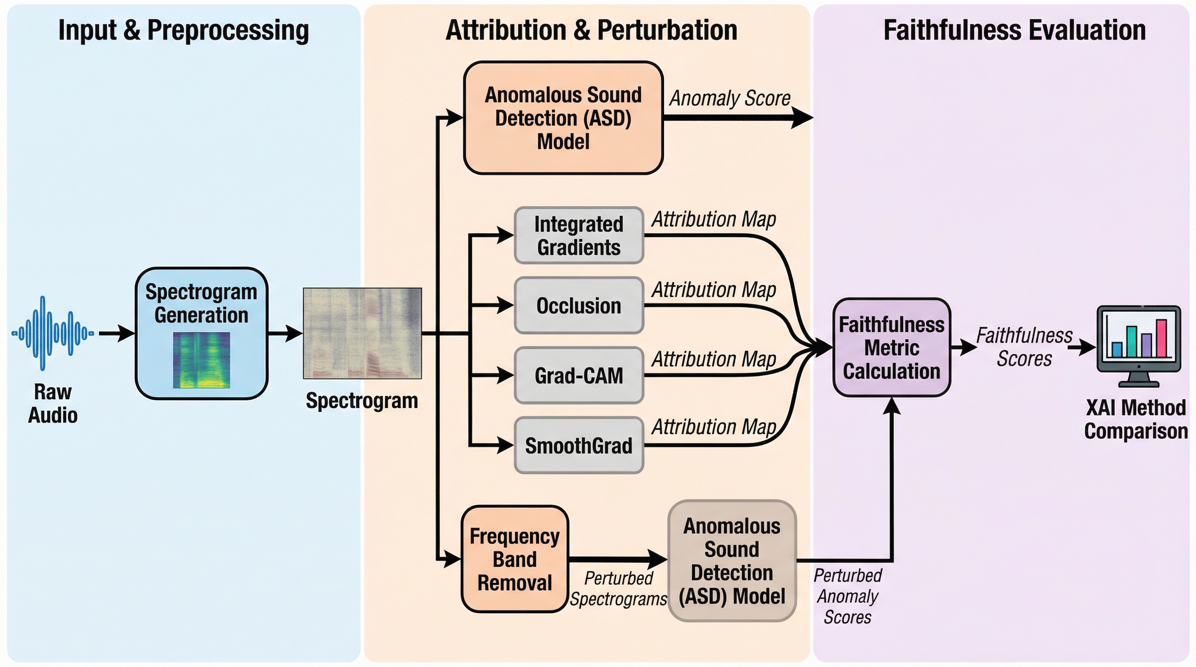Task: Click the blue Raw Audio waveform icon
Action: [x=53, y=333]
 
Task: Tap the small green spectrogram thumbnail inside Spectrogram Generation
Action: [x=202, y=360]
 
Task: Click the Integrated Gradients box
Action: [x=578, y=236]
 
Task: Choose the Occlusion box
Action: [x=578, y=306]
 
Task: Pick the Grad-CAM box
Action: [x=578, y=375]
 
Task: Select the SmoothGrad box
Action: [x=578, y=445]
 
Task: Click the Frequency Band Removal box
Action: [x=515, y=559]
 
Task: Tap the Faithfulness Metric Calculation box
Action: [x=891, y=348]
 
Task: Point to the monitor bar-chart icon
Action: [x=1139, y=346]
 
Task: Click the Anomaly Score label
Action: [x=729, y=98]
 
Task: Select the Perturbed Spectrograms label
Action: [x=618, y=588]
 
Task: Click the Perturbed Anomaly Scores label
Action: [x=848, y=597]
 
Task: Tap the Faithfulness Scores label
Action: [x=1024, y=347]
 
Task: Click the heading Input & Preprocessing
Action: [x=183, y=30]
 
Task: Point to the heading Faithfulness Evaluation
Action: [x=1014, y=30]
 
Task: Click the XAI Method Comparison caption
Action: [x=1136, y=419]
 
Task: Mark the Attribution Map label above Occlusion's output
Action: [x=714, y=290]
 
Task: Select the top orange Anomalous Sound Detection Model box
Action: [x=563, y=118]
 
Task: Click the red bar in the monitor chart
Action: [x=1161, y=338]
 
